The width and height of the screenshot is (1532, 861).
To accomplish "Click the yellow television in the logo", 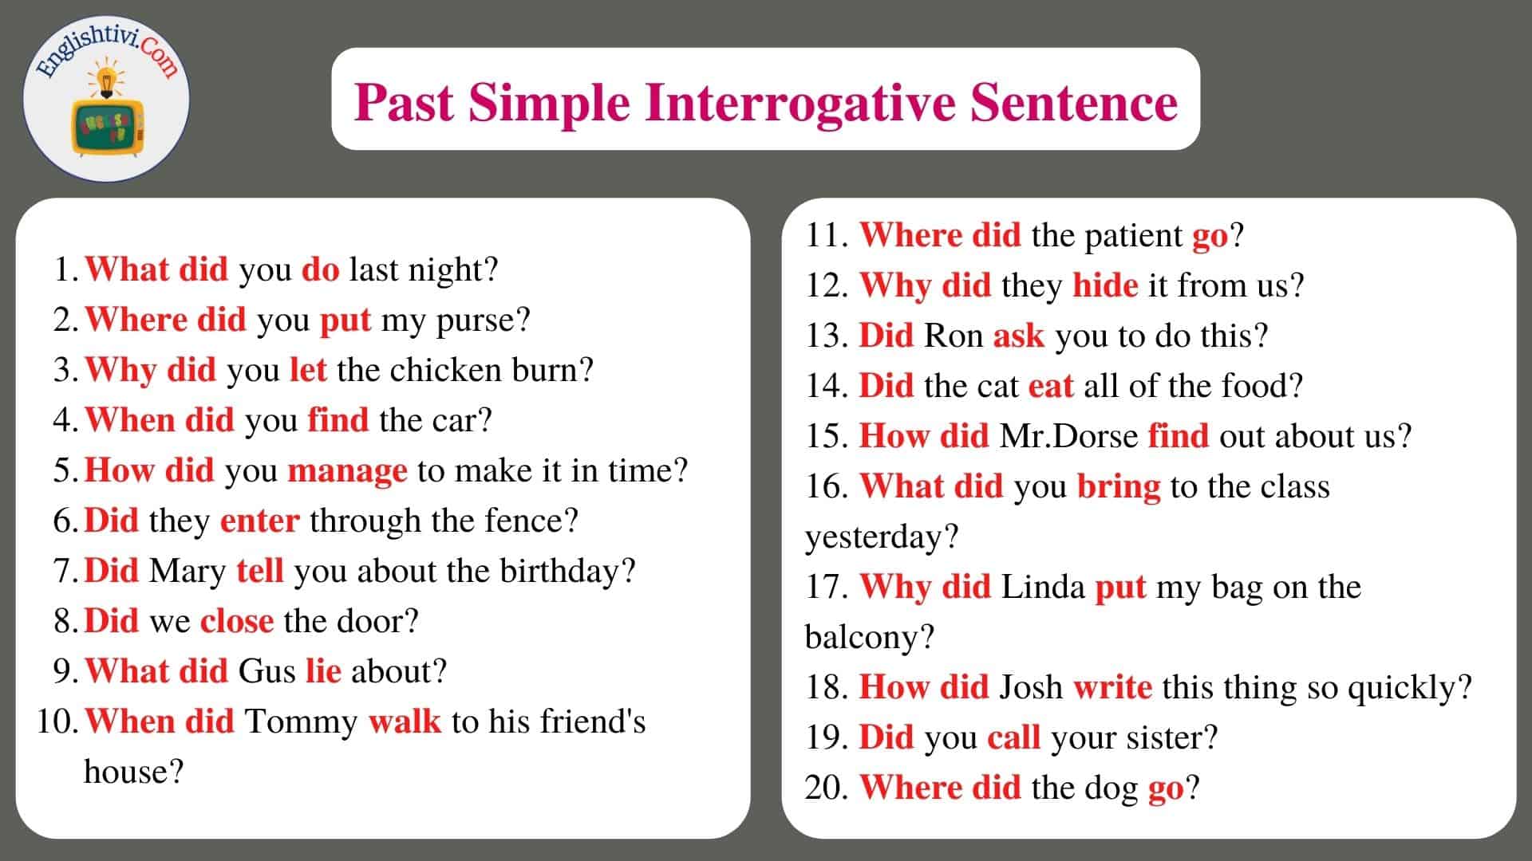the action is point(107,126).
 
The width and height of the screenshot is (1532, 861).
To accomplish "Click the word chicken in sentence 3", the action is point(445,370).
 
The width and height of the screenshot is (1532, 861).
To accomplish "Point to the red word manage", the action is point(347,472).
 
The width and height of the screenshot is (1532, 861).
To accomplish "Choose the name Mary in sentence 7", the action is point(188,572).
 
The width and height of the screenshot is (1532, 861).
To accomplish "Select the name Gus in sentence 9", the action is point(267,671).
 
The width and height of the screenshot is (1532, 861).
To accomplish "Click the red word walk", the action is point(405,721).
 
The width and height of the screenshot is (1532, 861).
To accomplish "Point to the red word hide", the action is point(1105,285).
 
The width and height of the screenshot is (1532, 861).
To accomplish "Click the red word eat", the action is point(1051,387).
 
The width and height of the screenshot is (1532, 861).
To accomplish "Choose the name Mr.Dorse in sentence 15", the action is point(1069,436).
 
